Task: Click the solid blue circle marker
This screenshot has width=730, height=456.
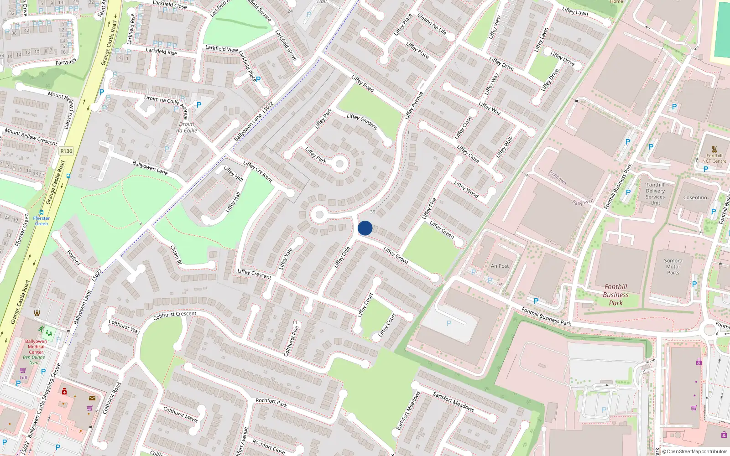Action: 365,228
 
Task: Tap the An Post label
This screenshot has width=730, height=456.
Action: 500,266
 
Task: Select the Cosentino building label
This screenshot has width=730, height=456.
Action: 695,197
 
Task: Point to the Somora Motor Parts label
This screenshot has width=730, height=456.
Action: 673,267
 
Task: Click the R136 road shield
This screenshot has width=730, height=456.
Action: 66,151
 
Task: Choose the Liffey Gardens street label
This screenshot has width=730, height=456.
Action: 362,122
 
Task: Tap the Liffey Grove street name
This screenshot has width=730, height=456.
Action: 396,255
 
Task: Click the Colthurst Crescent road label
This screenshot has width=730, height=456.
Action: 175,315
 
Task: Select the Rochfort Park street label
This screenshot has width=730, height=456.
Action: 271,402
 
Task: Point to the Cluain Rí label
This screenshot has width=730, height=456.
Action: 176,255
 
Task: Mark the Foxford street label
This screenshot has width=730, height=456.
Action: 73,258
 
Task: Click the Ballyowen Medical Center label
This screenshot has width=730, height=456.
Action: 36,347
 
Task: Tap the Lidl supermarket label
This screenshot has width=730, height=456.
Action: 23,378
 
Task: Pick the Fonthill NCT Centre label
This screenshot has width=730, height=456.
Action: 714,158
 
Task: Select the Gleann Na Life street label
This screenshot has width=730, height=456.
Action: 432,24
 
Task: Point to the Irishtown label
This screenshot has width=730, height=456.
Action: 558,177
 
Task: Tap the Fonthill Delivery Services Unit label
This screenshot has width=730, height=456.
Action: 655,194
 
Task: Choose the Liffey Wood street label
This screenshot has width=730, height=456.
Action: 466,189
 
